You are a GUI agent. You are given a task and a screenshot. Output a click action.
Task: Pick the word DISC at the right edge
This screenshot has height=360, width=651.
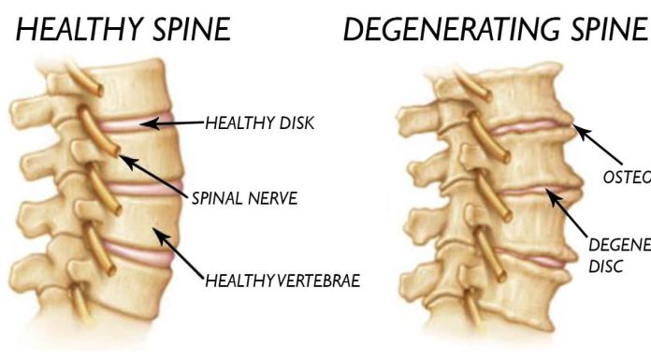(x=603, y=265)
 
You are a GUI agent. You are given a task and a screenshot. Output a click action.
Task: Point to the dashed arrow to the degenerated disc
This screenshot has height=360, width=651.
(x=572, y=221)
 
